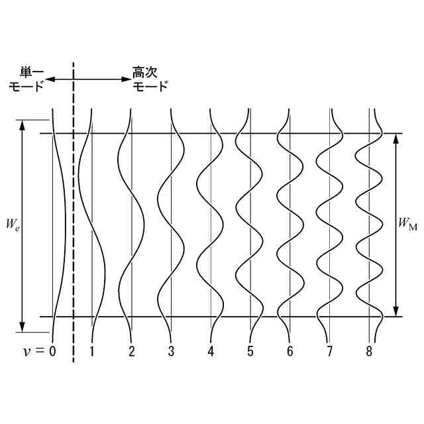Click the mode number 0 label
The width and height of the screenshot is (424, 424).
(x=52, y=351)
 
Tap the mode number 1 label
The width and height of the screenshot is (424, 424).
(x=92, y=351)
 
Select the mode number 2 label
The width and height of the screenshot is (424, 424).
(x=132, y=351)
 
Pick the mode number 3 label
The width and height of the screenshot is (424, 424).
(x=171, y=351)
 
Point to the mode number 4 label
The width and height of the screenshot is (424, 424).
(x=211, y=351)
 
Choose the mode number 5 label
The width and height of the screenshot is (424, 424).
(x=250, y=351)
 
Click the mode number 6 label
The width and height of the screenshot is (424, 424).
(x=290, y=351)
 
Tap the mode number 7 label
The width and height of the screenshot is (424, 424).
(x=330, y=351)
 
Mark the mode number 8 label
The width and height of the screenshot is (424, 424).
(x=369, y=351)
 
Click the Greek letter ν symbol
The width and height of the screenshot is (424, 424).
(x=26, y=352)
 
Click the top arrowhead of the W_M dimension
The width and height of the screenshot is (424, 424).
(x=396, y=138)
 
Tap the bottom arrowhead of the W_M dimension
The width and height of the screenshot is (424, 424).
(x=396, y=311)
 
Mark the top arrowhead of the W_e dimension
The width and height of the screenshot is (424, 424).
(x=23, y=125)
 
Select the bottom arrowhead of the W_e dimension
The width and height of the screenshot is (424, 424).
(x=23, y=326)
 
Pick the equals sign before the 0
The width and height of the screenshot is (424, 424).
(x=40, y=351)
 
